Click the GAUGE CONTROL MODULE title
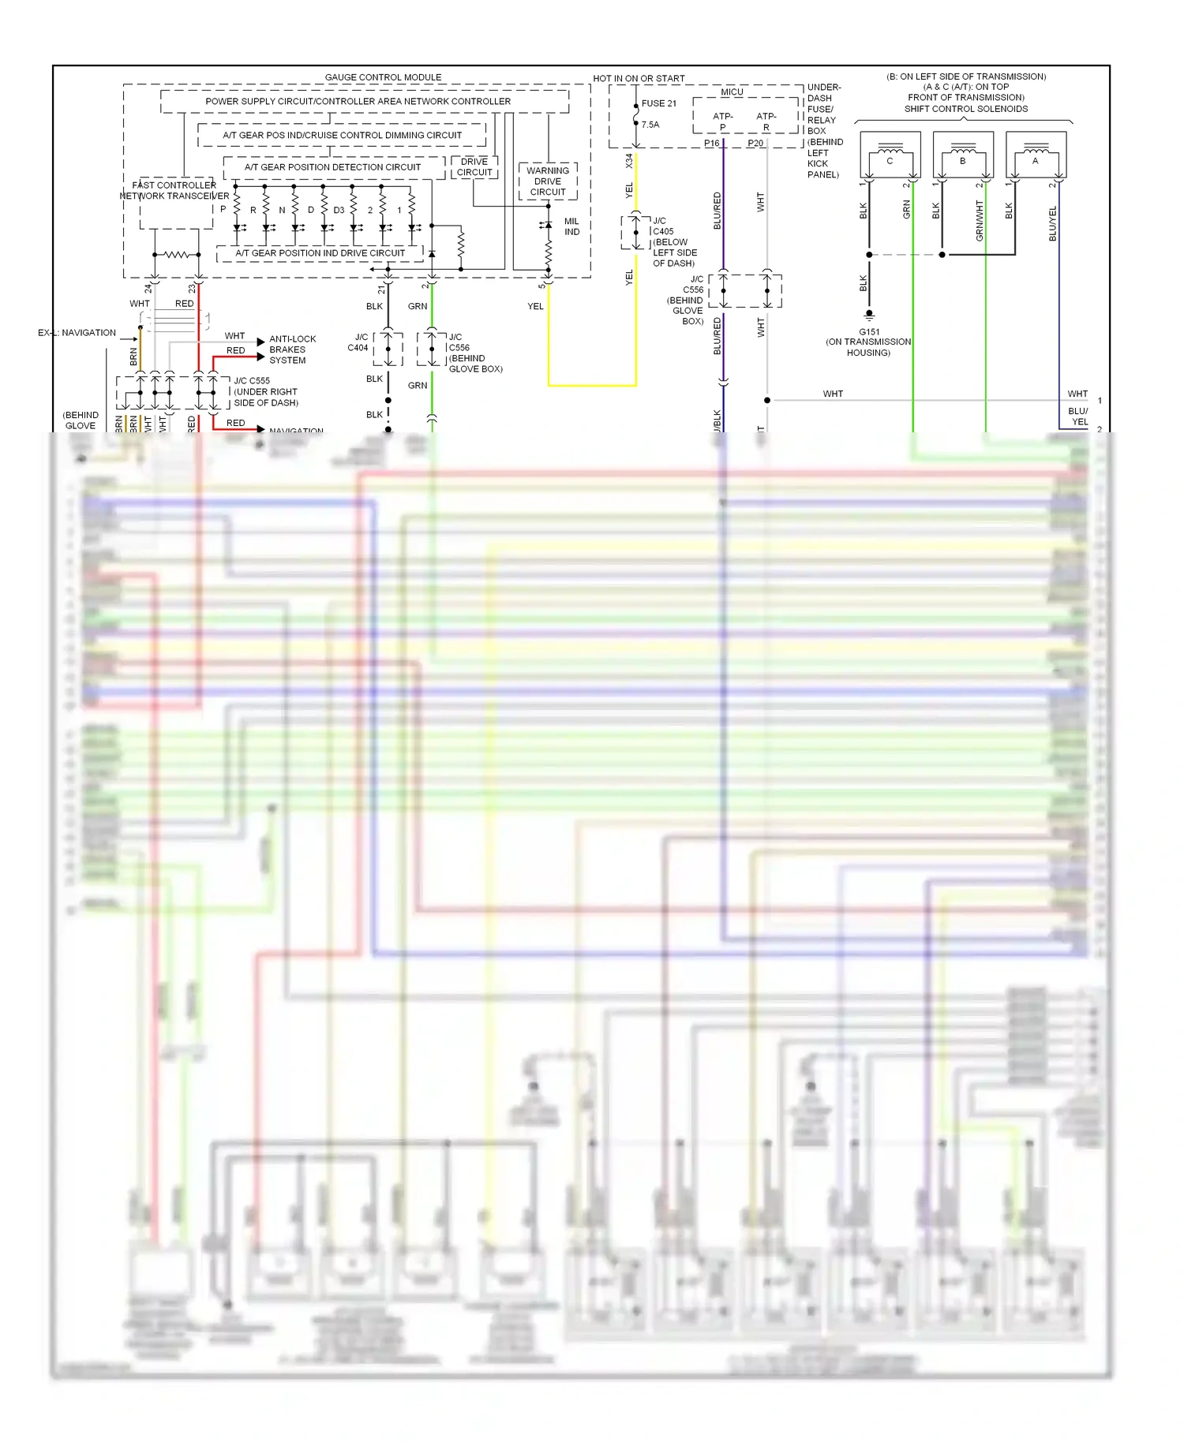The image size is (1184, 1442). (383, 77)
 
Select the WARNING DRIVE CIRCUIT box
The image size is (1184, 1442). (548, 181)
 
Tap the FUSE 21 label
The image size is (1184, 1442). (658, 103)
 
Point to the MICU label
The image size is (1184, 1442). (732, 92)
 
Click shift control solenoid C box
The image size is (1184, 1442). (890, 156)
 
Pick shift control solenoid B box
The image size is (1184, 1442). (962, 156)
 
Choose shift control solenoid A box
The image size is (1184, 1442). (1036, 156)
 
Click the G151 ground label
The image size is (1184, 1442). (869, 332)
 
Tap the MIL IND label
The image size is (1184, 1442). (571, 226)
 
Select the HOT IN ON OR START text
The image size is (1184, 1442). (639, 78)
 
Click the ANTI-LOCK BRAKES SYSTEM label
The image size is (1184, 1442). (292, 349)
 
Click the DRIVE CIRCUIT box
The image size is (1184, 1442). (474, 167)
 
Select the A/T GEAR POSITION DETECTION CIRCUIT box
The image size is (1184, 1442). (332, 167)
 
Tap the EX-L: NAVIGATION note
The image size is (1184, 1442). (77, 333)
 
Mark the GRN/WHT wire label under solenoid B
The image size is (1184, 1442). (980, 220)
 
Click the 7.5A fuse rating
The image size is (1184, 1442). (650, 125)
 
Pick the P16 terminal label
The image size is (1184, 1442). (711, 144)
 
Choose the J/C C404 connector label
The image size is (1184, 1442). (358, 342)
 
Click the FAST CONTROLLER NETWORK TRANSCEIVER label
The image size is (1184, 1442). (174, 191)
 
